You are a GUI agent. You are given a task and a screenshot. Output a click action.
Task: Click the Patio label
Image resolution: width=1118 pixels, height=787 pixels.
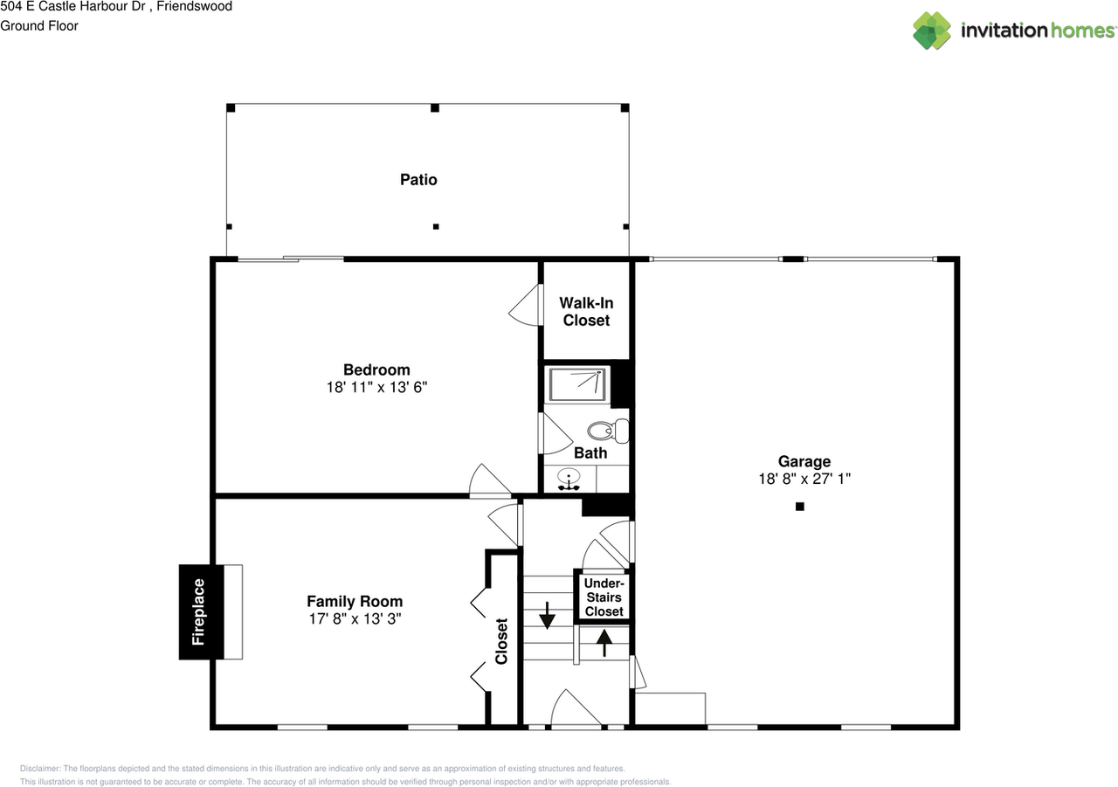pyautogui.click(x=418, y=180)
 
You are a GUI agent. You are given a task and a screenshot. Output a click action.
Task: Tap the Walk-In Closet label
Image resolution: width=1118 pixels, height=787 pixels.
pyautogui.click(x=586, y=312)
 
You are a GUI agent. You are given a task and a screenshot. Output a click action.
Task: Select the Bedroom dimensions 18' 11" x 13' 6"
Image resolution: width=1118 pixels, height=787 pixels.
pyautogui.click(x=376, y=387)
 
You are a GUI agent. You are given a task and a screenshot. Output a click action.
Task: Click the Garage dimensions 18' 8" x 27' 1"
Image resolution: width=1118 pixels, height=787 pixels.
pyautogui.click(x=804, y=479)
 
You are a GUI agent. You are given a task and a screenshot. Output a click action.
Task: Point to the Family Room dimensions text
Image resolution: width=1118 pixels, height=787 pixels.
pyautogui.click(x=355, y=618)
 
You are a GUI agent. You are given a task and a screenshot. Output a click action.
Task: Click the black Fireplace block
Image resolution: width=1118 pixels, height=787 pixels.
pyautogui.click(x=200, y=611)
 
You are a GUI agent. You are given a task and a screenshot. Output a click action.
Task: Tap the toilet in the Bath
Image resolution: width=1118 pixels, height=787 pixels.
pyautogui.click(x=608, y=430)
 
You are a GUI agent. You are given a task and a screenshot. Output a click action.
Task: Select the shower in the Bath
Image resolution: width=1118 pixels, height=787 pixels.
pyautogui.click(x=576, y=385)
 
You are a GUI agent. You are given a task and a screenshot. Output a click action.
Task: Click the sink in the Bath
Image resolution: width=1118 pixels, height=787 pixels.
pyautogui.click(x=569, y=480)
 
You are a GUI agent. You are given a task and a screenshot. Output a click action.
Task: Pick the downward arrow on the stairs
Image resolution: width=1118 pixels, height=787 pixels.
pyautogui.click(x=547, y=615)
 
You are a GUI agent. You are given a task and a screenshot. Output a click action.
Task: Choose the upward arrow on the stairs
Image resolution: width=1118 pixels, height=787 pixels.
pyautogui.click(x=604, y=642)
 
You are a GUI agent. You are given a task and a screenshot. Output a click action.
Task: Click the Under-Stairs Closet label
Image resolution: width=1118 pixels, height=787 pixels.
pyautogui.click(x=604, y=597)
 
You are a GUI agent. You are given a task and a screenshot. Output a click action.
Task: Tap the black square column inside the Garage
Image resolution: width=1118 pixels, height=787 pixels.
pyautogui.click(x=799, y=507)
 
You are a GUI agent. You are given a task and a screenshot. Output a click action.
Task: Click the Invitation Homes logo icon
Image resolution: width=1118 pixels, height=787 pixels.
pyautogui.click(x=932, y=31)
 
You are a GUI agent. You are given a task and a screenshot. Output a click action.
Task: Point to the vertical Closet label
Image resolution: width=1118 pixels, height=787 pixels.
pyautogui.click(x=502, y=641)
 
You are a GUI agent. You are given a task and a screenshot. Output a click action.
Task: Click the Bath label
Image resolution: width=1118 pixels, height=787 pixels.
pyautogui.click(x=590, y=452)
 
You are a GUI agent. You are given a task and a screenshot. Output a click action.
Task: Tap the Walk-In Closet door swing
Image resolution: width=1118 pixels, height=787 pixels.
pyautogui.click(x=526, y=305)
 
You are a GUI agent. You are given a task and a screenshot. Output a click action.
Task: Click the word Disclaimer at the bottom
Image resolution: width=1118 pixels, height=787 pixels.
pyautogui.click(x=41, y=768)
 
